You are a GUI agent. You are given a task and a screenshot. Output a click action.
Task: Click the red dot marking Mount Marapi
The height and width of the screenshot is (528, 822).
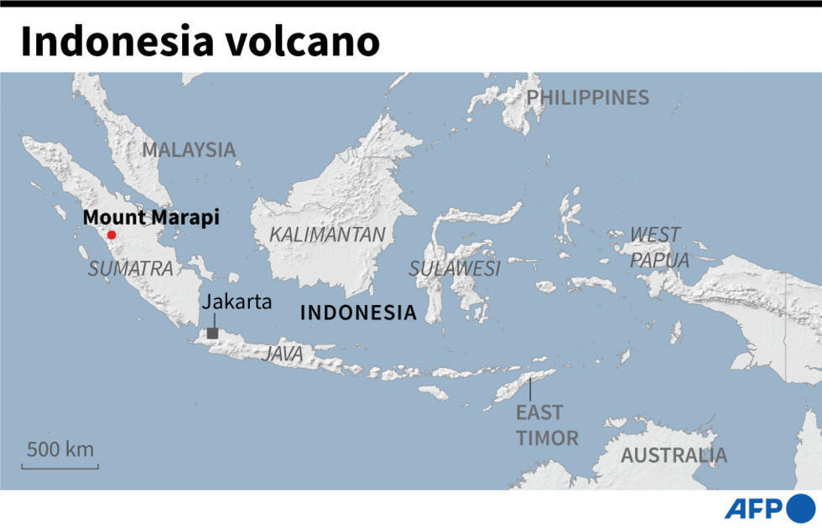[x=112, y=236]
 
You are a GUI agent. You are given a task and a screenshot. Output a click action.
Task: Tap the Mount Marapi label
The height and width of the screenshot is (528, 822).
[x=151, y=218]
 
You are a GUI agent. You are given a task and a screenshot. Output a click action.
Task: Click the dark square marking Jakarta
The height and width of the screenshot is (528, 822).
[x=212, y=334]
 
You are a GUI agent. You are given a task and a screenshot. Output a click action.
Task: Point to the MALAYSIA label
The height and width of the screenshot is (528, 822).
[x=189, y=150]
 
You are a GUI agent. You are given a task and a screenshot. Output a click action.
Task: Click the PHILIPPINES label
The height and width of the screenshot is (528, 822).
[x=587, y=98]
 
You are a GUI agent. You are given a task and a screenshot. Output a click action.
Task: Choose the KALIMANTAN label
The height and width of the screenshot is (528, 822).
[x=327, y=236]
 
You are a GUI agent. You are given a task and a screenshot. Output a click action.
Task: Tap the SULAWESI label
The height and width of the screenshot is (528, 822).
[x=455, y=269]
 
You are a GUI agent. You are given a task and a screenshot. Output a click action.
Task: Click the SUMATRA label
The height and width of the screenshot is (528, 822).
[x=131, y=269]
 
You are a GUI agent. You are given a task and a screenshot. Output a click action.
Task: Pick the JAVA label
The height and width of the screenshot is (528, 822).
[x=283, y=355]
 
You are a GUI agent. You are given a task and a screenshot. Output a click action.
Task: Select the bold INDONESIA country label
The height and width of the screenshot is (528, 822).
[x=358, y=313]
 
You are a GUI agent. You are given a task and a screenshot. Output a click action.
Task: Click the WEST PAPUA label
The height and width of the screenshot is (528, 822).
[x=659, y=247]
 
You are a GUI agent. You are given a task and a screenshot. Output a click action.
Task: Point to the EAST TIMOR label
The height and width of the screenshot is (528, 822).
[x=547, y=425]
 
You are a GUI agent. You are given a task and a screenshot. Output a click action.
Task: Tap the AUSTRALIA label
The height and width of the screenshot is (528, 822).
[x=674, y=456]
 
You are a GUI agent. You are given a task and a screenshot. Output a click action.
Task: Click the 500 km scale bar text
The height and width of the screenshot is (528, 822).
[x=60, y=448]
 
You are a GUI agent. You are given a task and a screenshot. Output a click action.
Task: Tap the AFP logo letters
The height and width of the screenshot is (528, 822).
[x=753, y=509]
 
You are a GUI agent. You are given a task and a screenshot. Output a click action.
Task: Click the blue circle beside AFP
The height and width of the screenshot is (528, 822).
[x=801, y=508]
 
